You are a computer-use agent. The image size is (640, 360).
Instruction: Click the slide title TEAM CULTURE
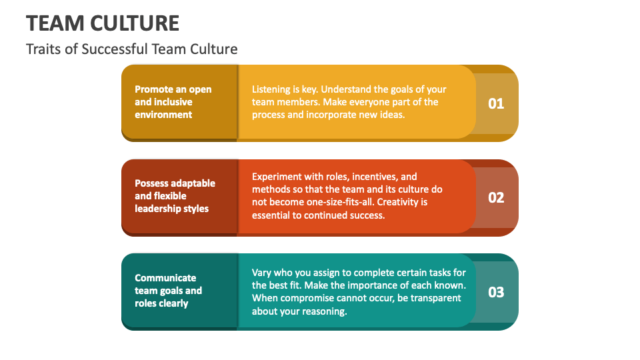pyautogui.click(x=103, y=23)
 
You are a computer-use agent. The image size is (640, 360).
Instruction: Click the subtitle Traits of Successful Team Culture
pyautogui.click(x=131, y=49)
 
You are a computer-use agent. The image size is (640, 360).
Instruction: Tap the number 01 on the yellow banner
pyautogui.click(x=496, y=103)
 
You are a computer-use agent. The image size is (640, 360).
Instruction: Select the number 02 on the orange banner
pyautogui.click(x=496, y=197)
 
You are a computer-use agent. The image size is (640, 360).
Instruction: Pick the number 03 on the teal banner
pyautogui.click(x=496, y=292)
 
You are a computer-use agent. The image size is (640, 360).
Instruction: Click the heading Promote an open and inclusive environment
pyautogui.click(x=173, y=102)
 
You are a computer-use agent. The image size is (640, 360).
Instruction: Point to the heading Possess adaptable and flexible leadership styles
pyautogui.click(x=175, y=196)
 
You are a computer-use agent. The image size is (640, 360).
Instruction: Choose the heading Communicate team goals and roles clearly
pyautogui.click(x=168, y=291)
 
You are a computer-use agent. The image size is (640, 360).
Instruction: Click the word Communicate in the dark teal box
pyautogui.click(x=165, y=278)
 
